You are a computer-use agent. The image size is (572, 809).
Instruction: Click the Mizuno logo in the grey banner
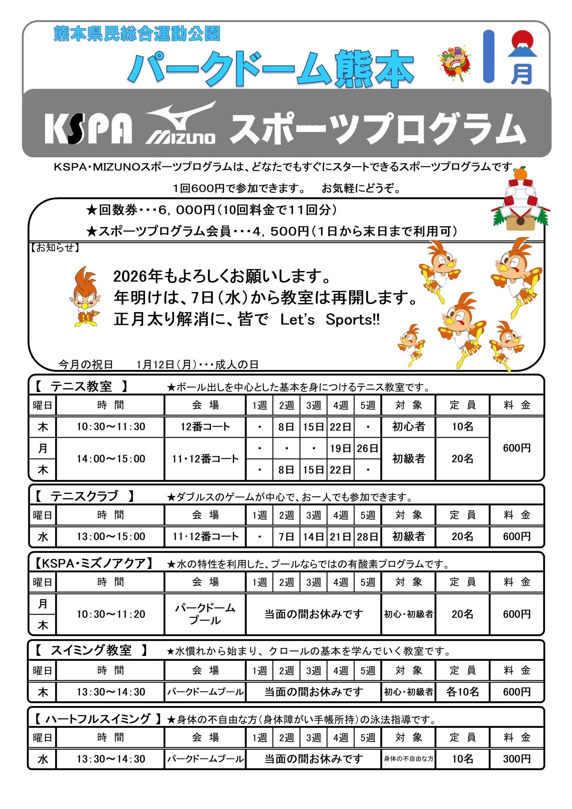180,123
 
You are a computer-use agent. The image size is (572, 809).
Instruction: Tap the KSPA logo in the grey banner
88,128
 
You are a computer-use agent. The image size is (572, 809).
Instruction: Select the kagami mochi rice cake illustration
520,201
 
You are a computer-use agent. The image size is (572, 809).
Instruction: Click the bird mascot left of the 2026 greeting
85,297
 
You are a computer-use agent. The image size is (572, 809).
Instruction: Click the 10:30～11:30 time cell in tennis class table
111,427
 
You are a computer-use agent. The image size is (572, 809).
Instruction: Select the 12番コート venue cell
205,427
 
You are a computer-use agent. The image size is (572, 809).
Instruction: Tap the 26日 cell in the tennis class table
367,448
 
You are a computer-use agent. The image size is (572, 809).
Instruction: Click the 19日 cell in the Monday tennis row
340,448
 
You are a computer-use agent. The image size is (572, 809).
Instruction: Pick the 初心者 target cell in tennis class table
409,427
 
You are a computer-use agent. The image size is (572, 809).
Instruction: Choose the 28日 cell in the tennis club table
367,537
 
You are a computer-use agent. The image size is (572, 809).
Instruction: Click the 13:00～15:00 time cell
111,537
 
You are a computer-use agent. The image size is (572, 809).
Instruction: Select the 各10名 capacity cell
462,692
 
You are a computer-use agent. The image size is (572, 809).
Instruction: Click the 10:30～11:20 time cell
111,614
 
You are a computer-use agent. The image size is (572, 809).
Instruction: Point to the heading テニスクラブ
84,496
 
